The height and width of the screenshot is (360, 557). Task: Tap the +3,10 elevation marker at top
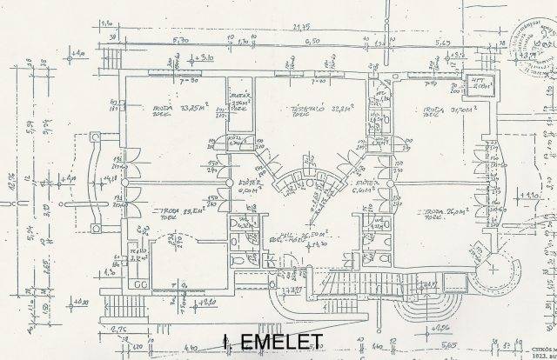click(x=207, y=57)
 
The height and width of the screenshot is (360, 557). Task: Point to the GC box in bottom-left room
click(x=140, y=285)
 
